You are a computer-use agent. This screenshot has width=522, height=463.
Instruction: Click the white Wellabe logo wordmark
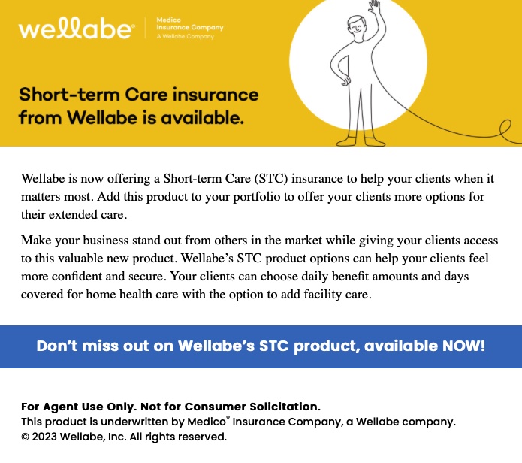pos(77,29)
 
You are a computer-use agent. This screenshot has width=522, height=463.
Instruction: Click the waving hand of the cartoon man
pos(375,7)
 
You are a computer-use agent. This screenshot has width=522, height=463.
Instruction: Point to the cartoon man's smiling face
pos(356,27)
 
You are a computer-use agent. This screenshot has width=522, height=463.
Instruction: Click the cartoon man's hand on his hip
pos(345,80)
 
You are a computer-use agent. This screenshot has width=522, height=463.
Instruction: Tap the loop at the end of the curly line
pos(506,128)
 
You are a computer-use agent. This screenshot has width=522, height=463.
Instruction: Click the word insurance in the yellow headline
pos(216,95)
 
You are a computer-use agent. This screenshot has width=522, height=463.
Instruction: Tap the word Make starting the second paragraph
pos(36,240)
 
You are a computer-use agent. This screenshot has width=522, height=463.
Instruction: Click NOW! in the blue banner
pos(463,346)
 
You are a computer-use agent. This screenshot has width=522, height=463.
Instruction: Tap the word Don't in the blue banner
pos(57,346)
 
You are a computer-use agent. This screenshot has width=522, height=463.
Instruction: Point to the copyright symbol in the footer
pos(25,437)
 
